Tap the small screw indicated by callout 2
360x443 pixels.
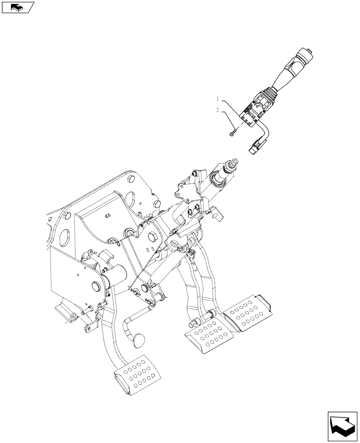232,132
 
